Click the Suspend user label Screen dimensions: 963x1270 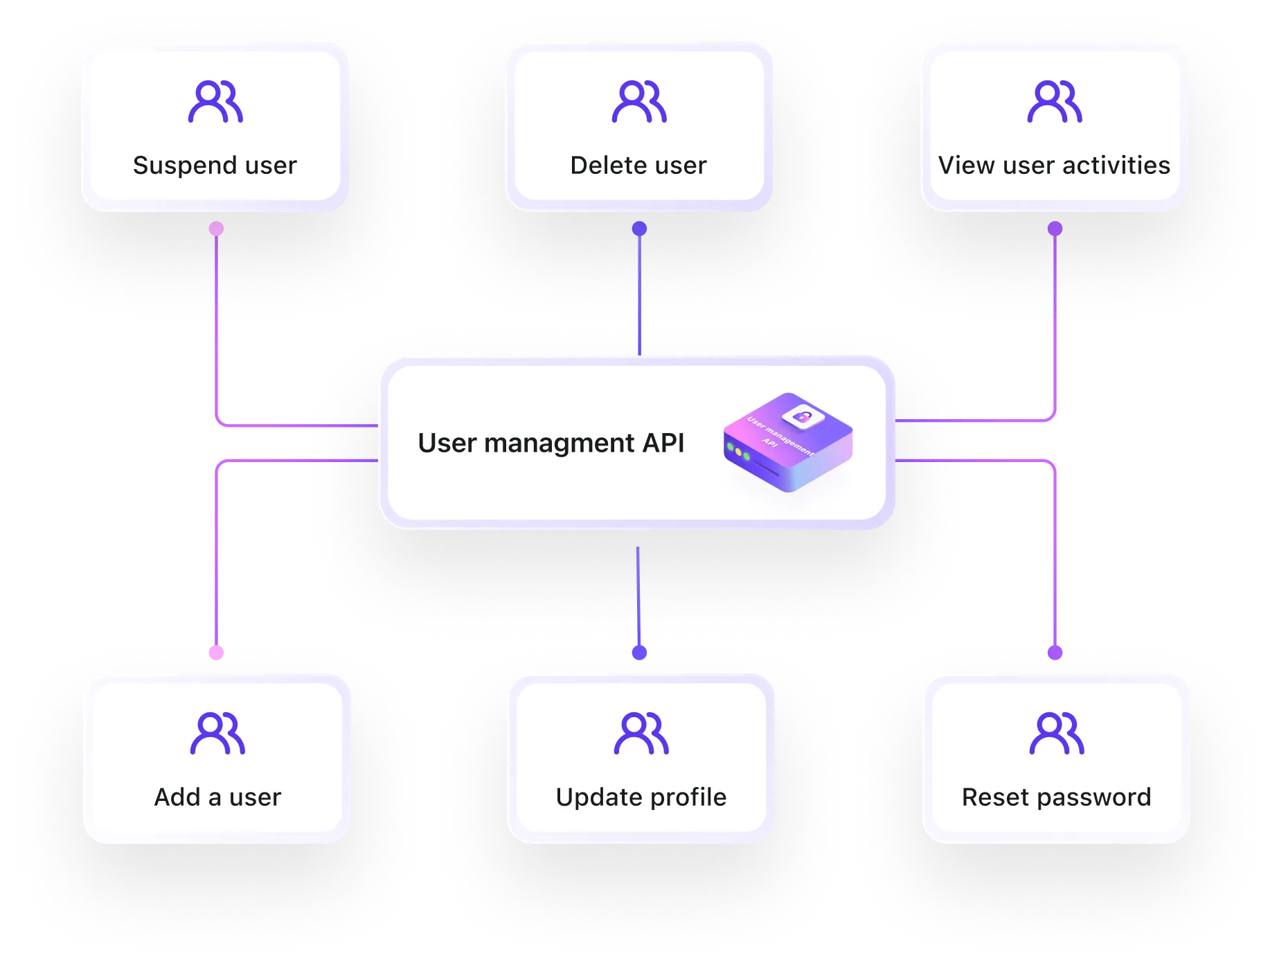pyautogui.click(x=215, y=166)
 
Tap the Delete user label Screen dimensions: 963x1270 pyautogui.click(x=638, y=166)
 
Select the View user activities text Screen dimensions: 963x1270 pyautogui.click(x=1054, y=166)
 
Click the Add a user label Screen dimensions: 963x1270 pyautogui.click(x=217, y=797)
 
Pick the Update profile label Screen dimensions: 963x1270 pyautogui.click(x=641, y=797)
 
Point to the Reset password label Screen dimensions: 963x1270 pyautogui.click(x=1057, y=797)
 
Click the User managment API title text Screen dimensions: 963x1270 pyautogui.click(x=551, y=443)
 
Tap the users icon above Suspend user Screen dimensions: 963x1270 pyautogui.click(x=215, y=102)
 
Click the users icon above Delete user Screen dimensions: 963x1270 pyautogui.click(x=639, y=102)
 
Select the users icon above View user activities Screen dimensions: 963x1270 pyautogui.click(x=1055, y=102)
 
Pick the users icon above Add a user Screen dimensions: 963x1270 pyautogui.click(x=217, y=733)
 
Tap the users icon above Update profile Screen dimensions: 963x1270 pyautogui.click(x=641, y=733)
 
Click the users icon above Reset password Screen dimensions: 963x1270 pyautogui.click(x=1057, y=733)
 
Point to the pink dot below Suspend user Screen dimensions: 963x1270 pyautogui.click(x=217, y=229)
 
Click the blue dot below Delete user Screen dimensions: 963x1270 pyautogui.click(x=640, y=229)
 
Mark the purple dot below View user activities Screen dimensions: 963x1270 pyautogui.click(x=1055, y=229)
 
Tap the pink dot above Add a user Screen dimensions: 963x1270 pyautogui.click(x=217, y=652)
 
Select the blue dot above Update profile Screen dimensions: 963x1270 pyautogui.click(x=640, y=652)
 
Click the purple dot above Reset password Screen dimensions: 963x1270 pyautogui.click(x=1055, y=652)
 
